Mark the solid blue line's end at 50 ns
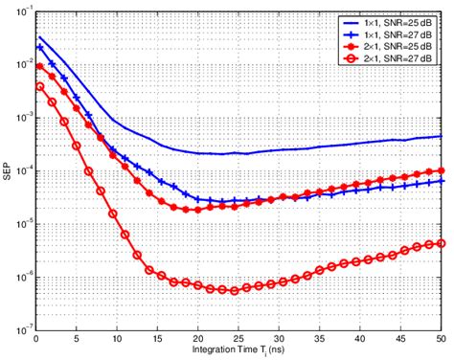tap(440, 136)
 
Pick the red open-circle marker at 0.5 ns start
tap(39, 86)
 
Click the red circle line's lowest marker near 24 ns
tap(234, 290)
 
